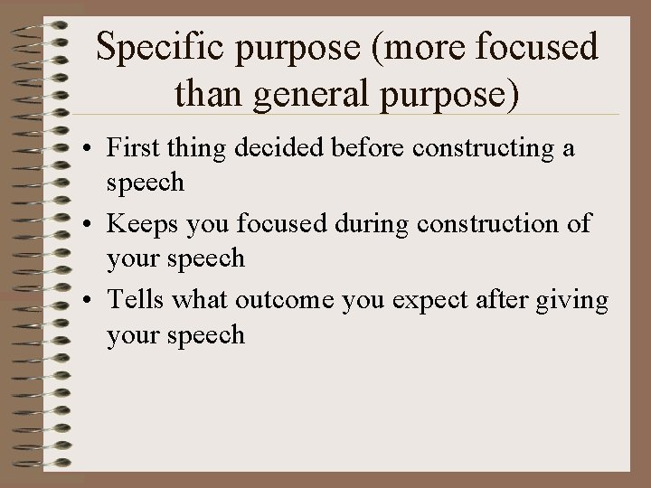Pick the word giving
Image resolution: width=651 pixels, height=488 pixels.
pyautogui.click(x=578, y=301)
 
